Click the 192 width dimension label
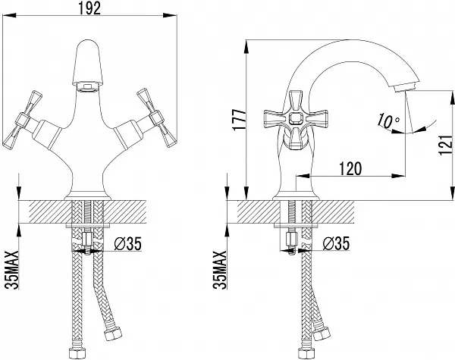pos(89,8)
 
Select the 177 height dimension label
pos(240,120)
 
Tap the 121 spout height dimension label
pos(447,145)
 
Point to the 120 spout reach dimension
pos(350,168)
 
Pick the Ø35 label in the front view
pos(128,244)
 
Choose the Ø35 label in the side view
pos(336,243)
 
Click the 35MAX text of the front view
pos(12,270)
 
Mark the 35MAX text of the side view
pos(220,270)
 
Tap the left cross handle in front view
pos(23,120)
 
